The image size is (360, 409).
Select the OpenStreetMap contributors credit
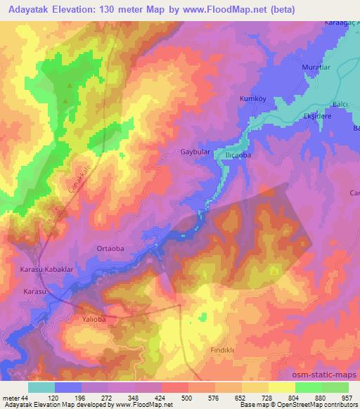coord(320,405)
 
